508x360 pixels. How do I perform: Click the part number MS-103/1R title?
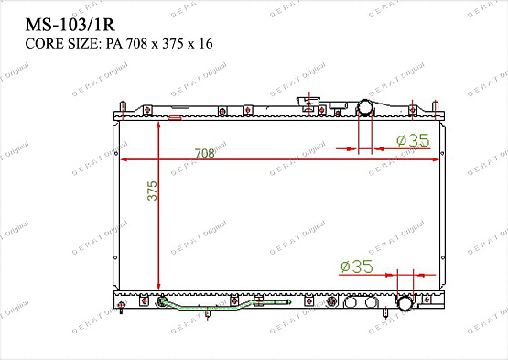(x=70, y=25)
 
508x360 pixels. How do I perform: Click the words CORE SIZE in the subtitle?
(x=63, y=44)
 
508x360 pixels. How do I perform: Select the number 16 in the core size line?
(x=206, y=44)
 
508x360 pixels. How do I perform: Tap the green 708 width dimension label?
(x=204, y=153)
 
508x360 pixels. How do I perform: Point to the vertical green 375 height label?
(x=152, y=191)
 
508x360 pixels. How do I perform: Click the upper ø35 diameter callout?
(x=413, y=140)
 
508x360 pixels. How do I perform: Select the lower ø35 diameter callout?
(x=357, y=267)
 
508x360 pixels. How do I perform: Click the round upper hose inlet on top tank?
(x=365, y=108)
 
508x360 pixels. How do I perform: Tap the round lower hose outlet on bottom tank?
(x=405, y=304)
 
